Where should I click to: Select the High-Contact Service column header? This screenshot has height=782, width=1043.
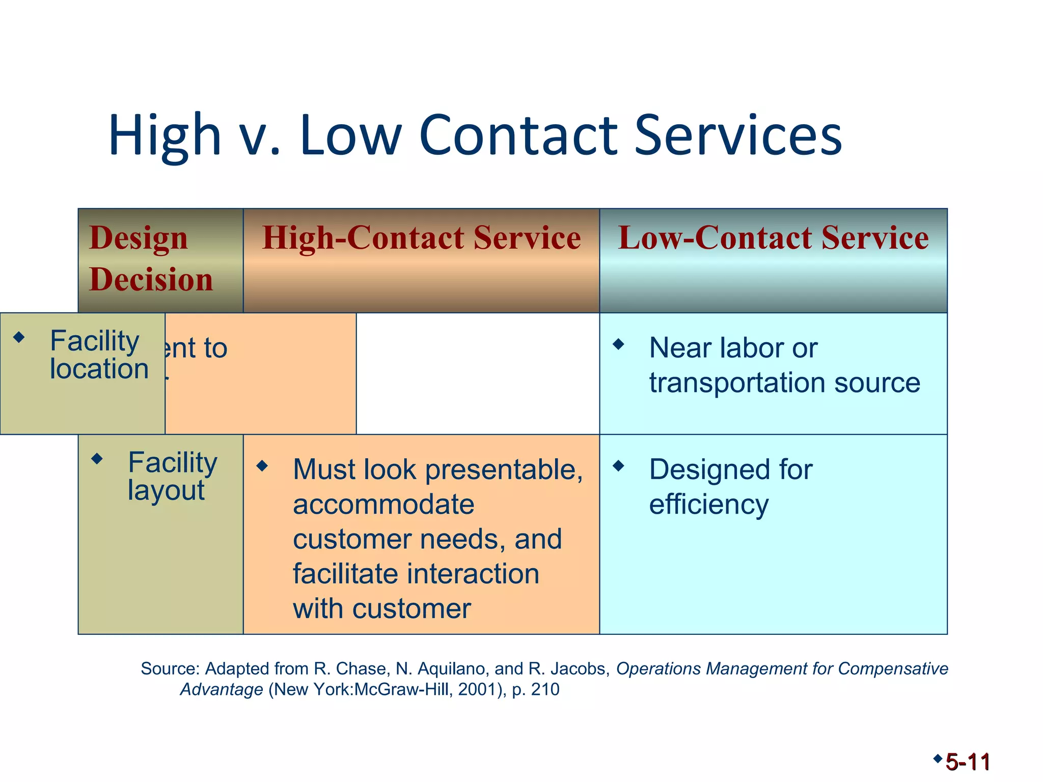(x=421, y=238)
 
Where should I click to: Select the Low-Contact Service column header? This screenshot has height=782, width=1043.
(x=773, y=238)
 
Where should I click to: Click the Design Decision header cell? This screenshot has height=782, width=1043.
(x=151, y=259)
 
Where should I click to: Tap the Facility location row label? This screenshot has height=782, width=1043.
(x=99, y=355)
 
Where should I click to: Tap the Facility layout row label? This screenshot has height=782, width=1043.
(x=172, y=476)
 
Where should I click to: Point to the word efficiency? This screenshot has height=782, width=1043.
(x=708, y=505)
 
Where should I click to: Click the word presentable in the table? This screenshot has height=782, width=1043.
(x=504, y=469)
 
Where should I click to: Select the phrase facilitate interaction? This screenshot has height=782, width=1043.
(x=416, y=574)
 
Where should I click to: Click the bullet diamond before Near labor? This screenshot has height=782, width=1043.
(x=618, y=344)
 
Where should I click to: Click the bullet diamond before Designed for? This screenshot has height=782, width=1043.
(x=618, y=465)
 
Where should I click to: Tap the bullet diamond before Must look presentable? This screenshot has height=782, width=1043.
(x=262, y=465)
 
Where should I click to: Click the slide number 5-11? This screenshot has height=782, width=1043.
(x=968, y=762)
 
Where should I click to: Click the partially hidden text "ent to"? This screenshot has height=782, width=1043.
(x=196, y=349)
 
